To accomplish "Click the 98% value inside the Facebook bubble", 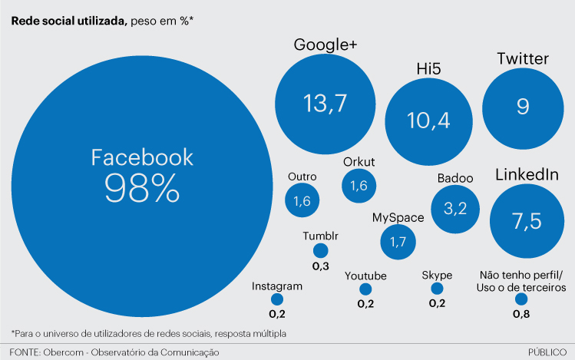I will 142,187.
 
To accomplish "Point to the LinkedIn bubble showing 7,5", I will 527,221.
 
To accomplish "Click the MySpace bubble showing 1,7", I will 398,243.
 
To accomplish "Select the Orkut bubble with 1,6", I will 359,186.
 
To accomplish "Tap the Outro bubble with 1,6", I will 302,201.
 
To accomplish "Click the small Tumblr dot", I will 320,250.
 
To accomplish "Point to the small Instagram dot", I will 277,299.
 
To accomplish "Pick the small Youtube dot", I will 365,289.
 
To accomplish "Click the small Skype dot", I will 437,289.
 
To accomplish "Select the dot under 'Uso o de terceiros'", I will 521,299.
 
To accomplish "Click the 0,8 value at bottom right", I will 521,313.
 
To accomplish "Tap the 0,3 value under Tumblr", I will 320,265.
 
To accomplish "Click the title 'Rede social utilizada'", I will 68,21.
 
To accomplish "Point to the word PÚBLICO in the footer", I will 547,352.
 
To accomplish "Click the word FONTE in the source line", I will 25,352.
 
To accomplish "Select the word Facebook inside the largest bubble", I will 142,157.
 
